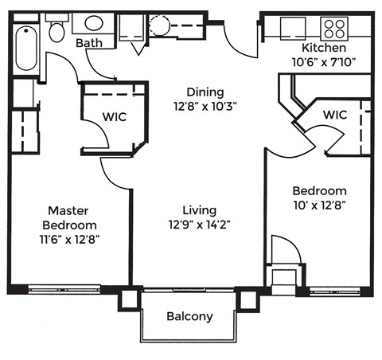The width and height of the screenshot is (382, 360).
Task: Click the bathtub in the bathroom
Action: pos(25,48)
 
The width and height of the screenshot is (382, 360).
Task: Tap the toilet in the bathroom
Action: pos(57,31)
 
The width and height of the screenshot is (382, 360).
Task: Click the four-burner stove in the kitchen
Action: pos(334,29)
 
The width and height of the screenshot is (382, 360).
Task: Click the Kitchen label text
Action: pos(324,48)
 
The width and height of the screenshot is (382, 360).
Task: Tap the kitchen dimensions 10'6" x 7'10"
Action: pos(324,62)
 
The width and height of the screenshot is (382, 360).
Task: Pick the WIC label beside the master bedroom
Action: pos(112,117)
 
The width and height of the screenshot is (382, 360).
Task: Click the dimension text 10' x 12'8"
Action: pos(318,205)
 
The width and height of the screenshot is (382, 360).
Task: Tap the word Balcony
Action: pos(189,316)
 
